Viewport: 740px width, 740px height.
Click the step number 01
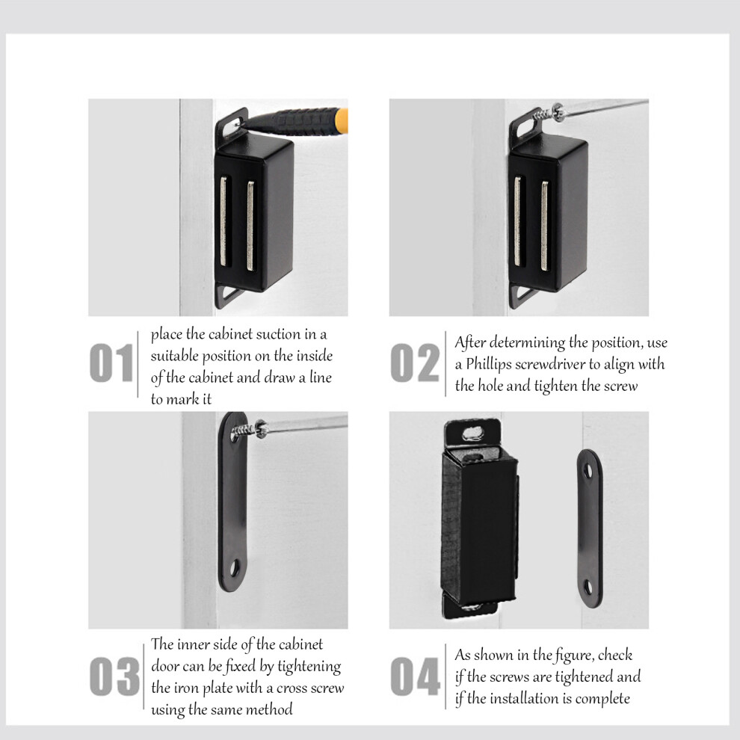coord(111,363)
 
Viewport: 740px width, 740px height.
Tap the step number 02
coord(415,363)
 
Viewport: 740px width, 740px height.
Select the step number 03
coord(114,676)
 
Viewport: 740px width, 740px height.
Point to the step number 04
coord(416,676)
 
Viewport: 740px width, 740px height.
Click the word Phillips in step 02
coord(488,364)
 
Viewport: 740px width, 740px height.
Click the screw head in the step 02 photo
coord(558,112)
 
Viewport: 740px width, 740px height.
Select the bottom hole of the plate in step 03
coord(235,568)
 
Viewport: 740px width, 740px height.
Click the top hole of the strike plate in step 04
coord(588,470)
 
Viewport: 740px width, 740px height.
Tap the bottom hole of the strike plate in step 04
coord(588,587)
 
